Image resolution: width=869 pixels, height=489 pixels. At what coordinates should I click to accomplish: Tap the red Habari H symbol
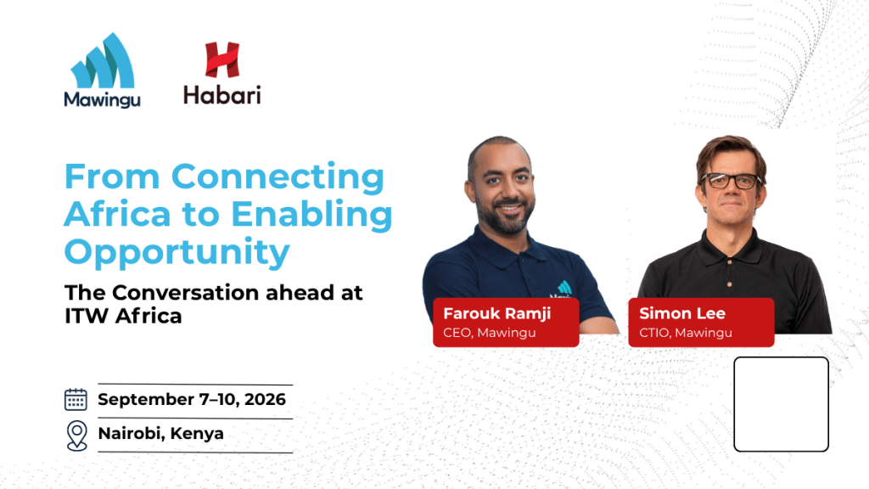tap(222, 59)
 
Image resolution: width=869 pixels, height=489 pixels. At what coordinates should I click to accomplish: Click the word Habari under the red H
tap(222, 95)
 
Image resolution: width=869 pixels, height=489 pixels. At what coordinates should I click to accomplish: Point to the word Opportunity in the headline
tap(177, 253)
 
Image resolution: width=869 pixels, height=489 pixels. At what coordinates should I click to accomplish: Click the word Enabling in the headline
tap(311, 214)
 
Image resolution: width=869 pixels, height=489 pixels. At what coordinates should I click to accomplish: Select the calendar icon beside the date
tap(76, 399)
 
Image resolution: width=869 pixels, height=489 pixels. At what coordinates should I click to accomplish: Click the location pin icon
tap(77, 436)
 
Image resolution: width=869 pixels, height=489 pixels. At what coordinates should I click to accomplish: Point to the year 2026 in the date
tap(265, 399)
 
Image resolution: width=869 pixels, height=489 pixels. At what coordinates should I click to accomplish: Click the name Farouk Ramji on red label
tap(497, 313)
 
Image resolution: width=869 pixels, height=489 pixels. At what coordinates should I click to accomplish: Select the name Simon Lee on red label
tap(682, 313)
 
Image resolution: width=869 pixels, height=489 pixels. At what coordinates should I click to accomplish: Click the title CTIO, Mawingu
tap(686, 333)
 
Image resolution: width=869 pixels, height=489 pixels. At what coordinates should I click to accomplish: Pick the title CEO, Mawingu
tap(490, 333)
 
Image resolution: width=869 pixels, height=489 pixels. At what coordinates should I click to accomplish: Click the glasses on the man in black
tap(732, 181)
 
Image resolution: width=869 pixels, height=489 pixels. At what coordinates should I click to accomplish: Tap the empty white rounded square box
tap(781, 404)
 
